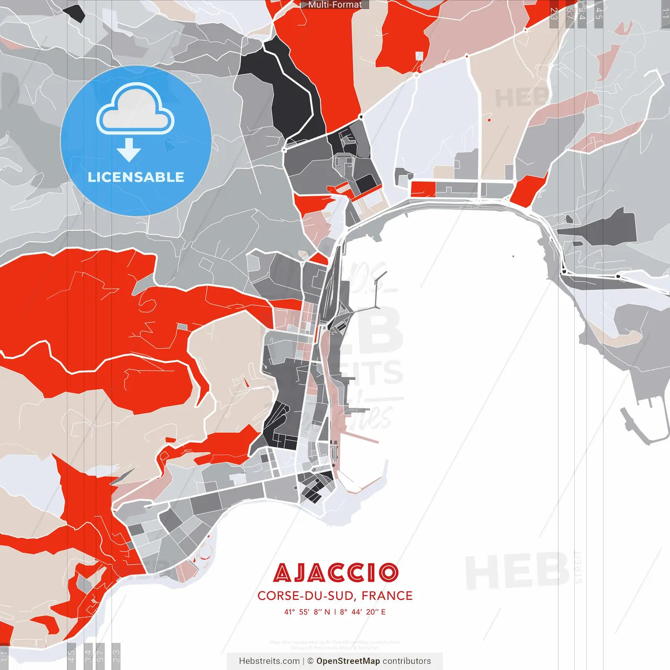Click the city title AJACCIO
(x=336, y=573)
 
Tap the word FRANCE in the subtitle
(x=387, y=596)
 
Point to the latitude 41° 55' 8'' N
(x=307, y=612)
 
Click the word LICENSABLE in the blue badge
(x=136, y=177)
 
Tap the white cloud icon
(x=136, y=111)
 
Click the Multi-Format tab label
(x=335, y=5)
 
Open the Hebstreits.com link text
(x=269, y=661)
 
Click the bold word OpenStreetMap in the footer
(x=348, y=661)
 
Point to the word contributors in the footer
(x=407, y=661)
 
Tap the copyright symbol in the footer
(x=310, y=661)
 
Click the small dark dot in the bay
(x=513, y=256)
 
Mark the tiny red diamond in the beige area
(x=489, y=120)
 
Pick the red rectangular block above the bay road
(x=423, y=189)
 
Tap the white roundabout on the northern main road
(x=416, y=75)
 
